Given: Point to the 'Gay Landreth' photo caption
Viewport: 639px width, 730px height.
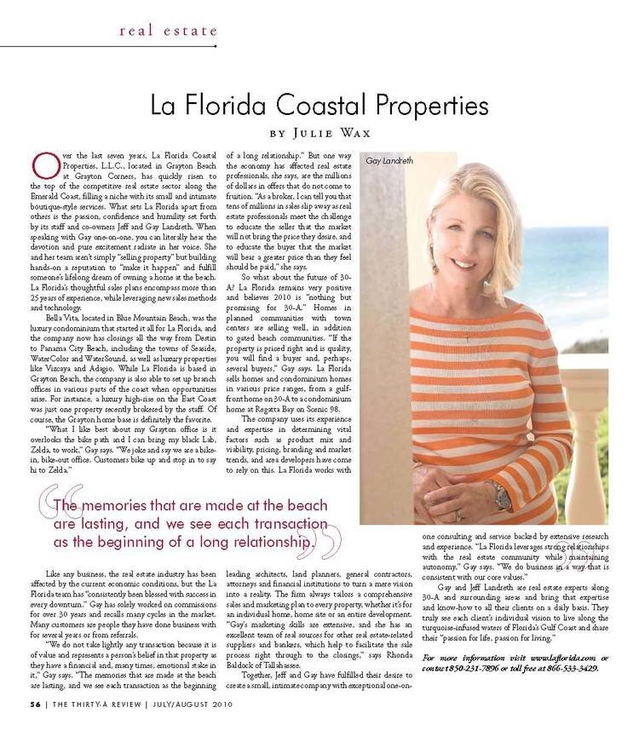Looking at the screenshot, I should pos(389,159).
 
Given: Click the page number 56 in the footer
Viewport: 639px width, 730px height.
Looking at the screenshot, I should pos(35,704).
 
